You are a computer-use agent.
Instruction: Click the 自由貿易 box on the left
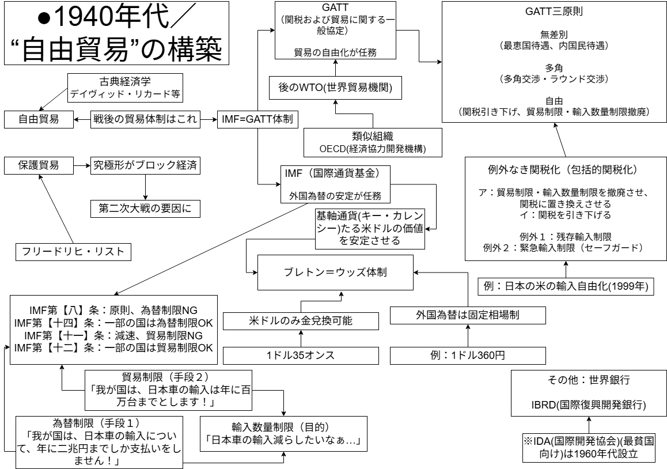tap(39, 120)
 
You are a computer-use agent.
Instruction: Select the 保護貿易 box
tap(39, 165)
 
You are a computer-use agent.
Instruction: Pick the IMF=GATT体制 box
tap(257, 120)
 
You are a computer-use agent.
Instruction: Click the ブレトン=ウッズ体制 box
tap(336, 273)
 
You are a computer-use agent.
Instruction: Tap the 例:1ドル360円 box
tap(467, 355)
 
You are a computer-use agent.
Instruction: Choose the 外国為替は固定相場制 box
tap(467, 315)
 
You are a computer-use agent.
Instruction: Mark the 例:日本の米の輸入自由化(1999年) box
tap(566, 285)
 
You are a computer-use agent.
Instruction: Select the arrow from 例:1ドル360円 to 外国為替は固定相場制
tap(467, 335)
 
